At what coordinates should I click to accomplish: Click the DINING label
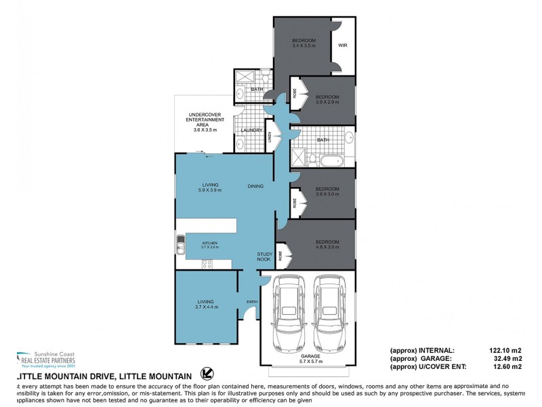pyautogui.click(x=255, y=187)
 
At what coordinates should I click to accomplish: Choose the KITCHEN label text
pyautogui.click(x=209, y=242)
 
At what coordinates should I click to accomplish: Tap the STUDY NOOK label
pyautogui.click(x=264, y=256)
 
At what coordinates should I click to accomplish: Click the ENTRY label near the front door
pyautogui.click(x=252, y=302)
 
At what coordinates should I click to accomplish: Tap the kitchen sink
pyautogui.click(x=181, y=246)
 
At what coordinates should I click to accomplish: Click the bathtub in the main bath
pyautogui.click(x=332, y=161)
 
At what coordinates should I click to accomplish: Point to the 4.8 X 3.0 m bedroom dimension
pyautogui.click(x=327, y=248)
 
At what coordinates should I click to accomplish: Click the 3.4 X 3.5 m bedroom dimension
pyautogui.click(x=304, y=45)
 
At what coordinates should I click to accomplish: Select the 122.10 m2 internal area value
pyautogui.click(x=505, y=350)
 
